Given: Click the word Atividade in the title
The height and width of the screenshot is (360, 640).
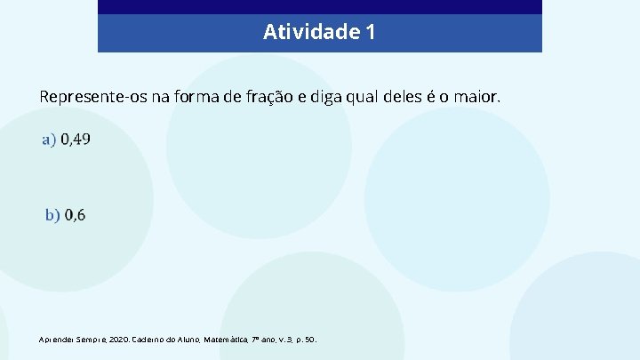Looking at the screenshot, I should (x=311, y=33).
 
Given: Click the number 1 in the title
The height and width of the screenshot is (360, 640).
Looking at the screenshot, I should (x=370, y=33).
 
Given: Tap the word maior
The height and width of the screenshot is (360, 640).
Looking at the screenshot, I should (x=477, y=96).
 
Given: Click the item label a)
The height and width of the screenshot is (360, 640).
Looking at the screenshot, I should (x=49, y=140).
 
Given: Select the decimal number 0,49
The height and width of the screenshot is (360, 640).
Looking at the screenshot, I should (x=76, y=140).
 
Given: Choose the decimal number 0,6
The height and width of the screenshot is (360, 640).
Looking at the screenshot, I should (x=75, y=215).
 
